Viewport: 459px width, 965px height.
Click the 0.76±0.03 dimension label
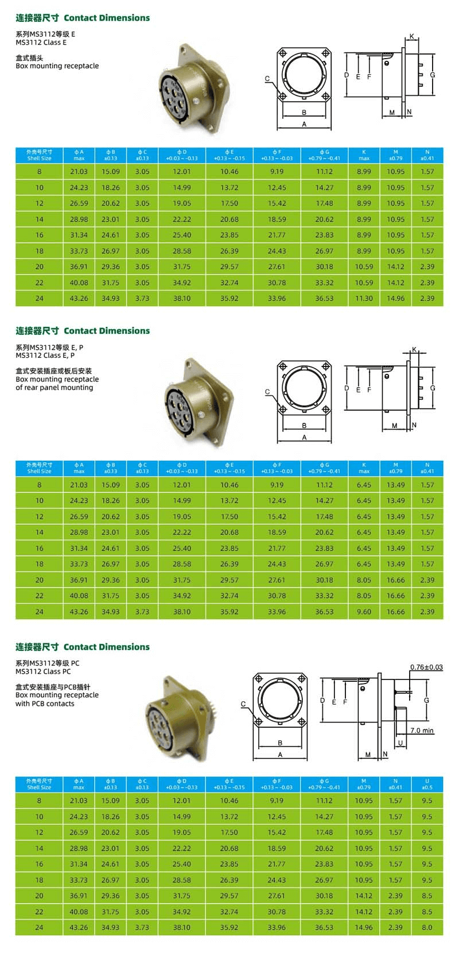pos(426,667)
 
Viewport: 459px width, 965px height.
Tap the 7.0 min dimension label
pos(422,730)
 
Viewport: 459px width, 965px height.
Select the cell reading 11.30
pos(364,298)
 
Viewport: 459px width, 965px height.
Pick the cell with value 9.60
pos(364,612)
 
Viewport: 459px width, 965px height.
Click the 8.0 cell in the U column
pos(427,927)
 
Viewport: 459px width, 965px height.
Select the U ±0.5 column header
pos(427,784)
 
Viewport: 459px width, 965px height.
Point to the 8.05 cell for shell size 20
pos(364,580)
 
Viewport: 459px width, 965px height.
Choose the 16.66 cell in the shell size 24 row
pos(395,612)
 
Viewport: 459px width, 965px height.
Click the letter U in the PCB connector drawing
pos(400,743)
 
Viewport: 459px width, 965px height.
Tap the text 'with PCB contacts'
pos(45,703)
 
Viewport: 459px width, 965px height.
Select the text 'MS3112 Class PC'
pos(43,671)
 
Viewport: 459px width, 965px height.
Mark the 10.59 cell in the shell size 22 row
pos(364,283)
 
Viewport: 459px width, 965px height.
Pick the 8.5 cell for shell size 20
pos(427,895)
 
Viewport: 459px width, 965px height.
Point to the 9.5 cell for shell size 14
pos(427,848)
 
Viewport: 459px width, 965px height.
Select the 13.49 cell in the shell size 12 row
pos(395,516)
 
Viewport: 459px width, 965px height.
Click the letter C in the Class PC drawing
pos(243,704)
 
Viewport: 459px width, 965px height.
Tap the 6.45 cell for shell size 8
pos(364,485)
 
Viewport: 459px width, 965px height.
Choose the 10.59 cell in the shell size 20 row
pos(364,267)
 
